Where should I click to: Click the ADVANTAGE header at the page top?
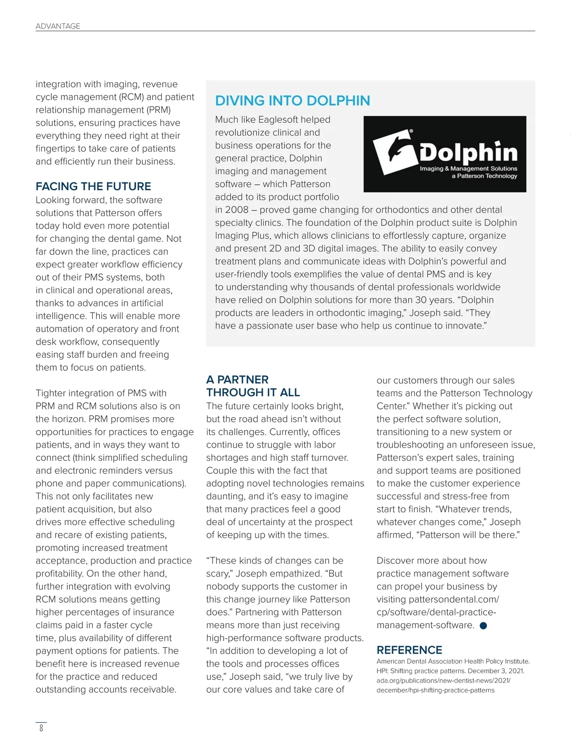click(x=58, y=26)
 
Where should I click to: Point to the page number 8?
click(x=41, y=728)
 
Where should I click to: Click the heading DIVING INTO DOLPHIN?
click(x=292, y=101)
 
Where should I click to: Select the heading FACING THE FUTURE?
click(x=93, y=186)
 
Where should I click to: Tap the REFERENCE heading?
click(x=409, y=650)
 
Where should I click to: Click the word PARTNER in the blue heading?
click(x=243, y=379)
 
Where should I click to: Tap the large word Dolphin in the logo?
click(x=469, y=152)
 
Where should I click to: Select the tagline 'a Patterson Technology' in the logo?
click(x=484, y=176)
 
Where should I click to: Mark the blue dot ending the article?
click(x=483, y=626)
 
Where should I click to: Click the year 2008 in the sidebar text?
click(x=236, y=210)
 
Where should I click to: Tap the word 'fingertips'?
click(x=58, y=149)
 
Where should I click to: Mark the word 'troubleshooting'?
click(x=410, y=445)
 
